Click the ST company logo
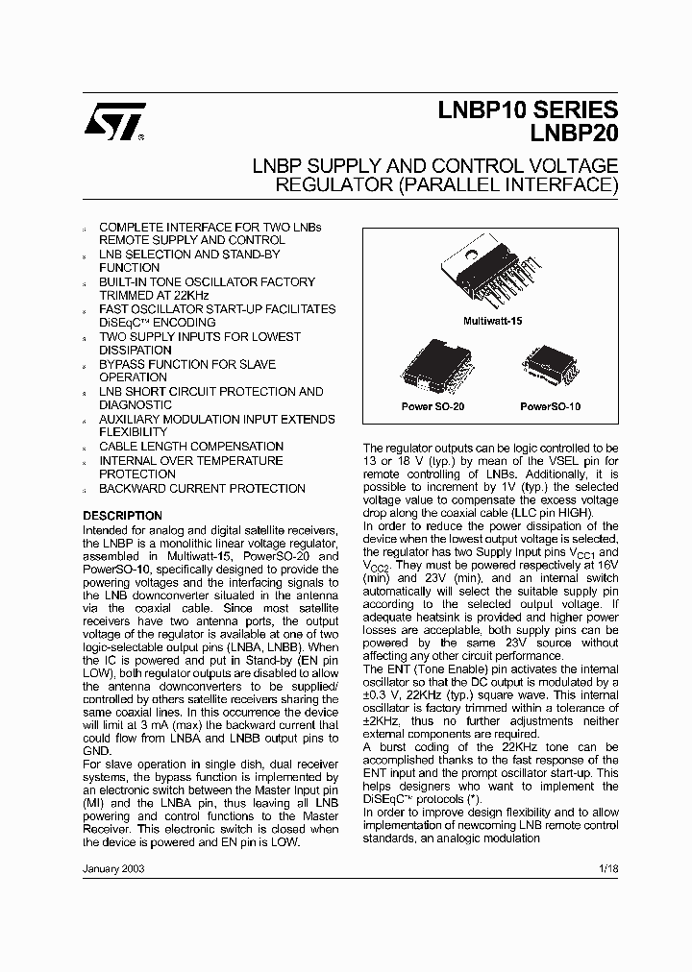[114, 122]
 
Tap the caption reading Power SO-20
[432, 407]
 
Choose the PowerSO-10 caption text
[551, 407]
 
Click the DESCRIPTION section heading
[122, 516]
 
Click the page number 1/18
[608, 867]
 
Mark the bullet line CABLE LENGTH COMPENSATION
[191, 447]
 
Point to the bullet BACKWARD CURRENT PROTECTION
[202, 489]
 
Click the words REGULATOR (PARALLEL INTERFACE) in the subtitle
[447, 185]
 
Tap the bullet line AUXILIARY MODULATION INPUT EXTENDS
[217, 420]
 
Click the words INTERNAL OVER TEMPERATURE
[191, 461]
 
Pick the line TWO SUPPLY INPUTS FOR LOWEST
[200, 337]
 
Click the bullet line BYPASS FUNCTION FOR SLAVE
[187, 365]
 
